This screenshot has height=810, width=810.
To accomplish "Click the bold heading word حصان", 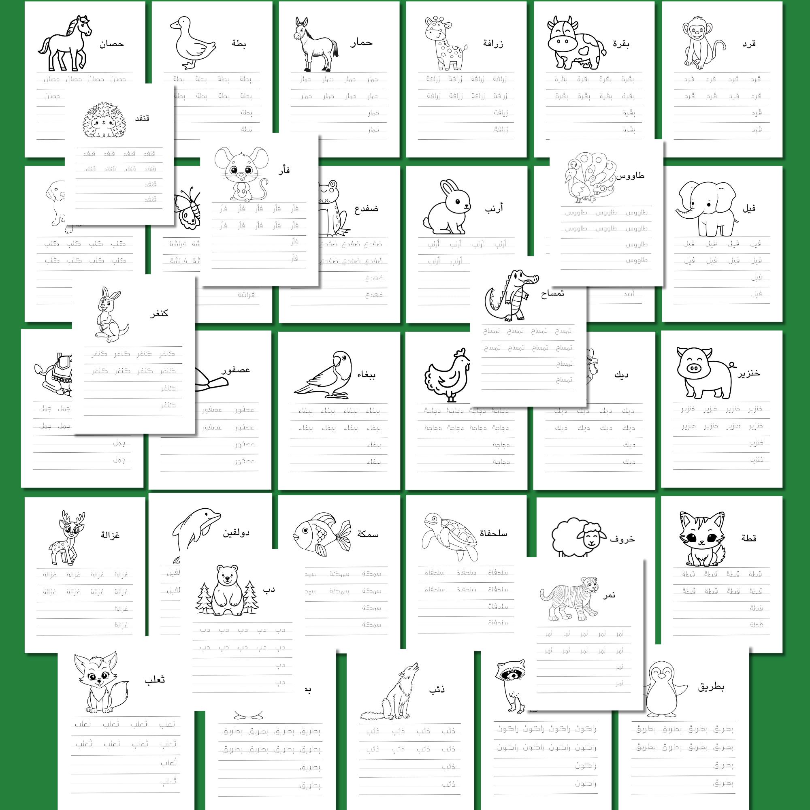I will coord(111,44).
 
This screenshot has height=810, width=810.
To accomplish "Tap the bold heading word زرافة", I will coord(493,44).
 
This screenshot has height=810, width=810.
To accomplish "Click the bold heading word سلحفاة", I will coord(493,533).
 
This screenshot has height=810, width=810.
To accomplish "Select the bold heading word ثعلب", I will coord(154,680).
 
